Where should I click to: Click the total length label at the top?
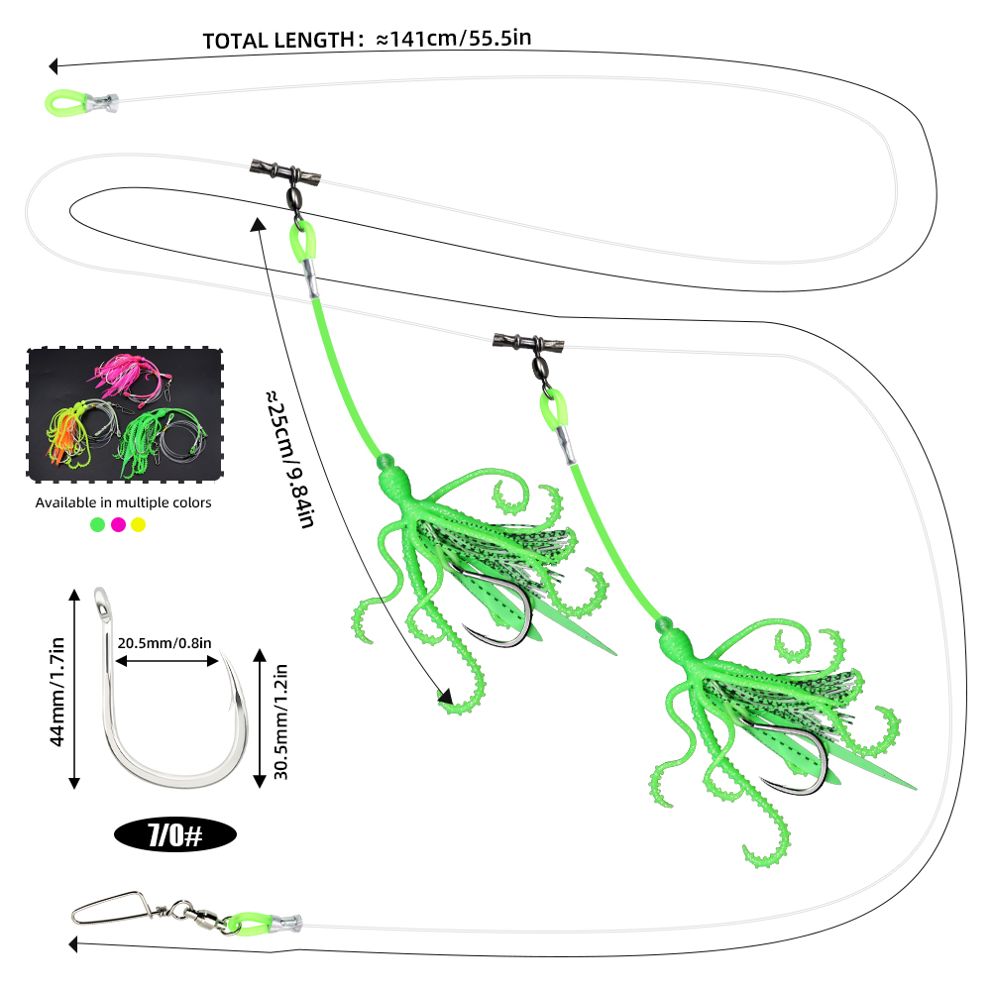tap(367, 40)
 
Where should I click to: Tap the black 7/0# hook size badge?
tap(175, 834)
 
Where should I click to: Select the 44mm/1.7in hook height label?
tap(56, 692)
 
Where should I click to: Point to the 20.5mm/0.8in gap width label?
tap(165, 643)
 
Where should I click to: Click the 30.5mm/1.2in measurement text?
tap(280, 721)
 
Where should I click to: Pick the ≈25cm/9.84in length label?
tap(289, 459)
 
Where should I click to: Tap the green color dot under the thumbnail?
tap(97, 524)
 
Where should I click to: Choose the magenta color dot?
tap(118, 524)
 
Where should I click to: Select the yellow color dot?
tap(139, 524)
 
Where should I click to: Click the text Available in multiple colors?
tap(123, 502)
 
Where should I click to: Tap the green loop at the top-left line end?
tap(65, 103)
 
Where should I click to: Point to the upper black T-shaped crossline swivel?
tap(285, 171)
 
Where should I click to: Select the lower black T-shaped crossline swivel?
tap(528, 343)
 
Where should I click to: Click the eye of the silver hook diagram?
tap(100, 600)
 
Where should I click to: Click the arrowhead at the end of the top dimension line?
tap(54, 65)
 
